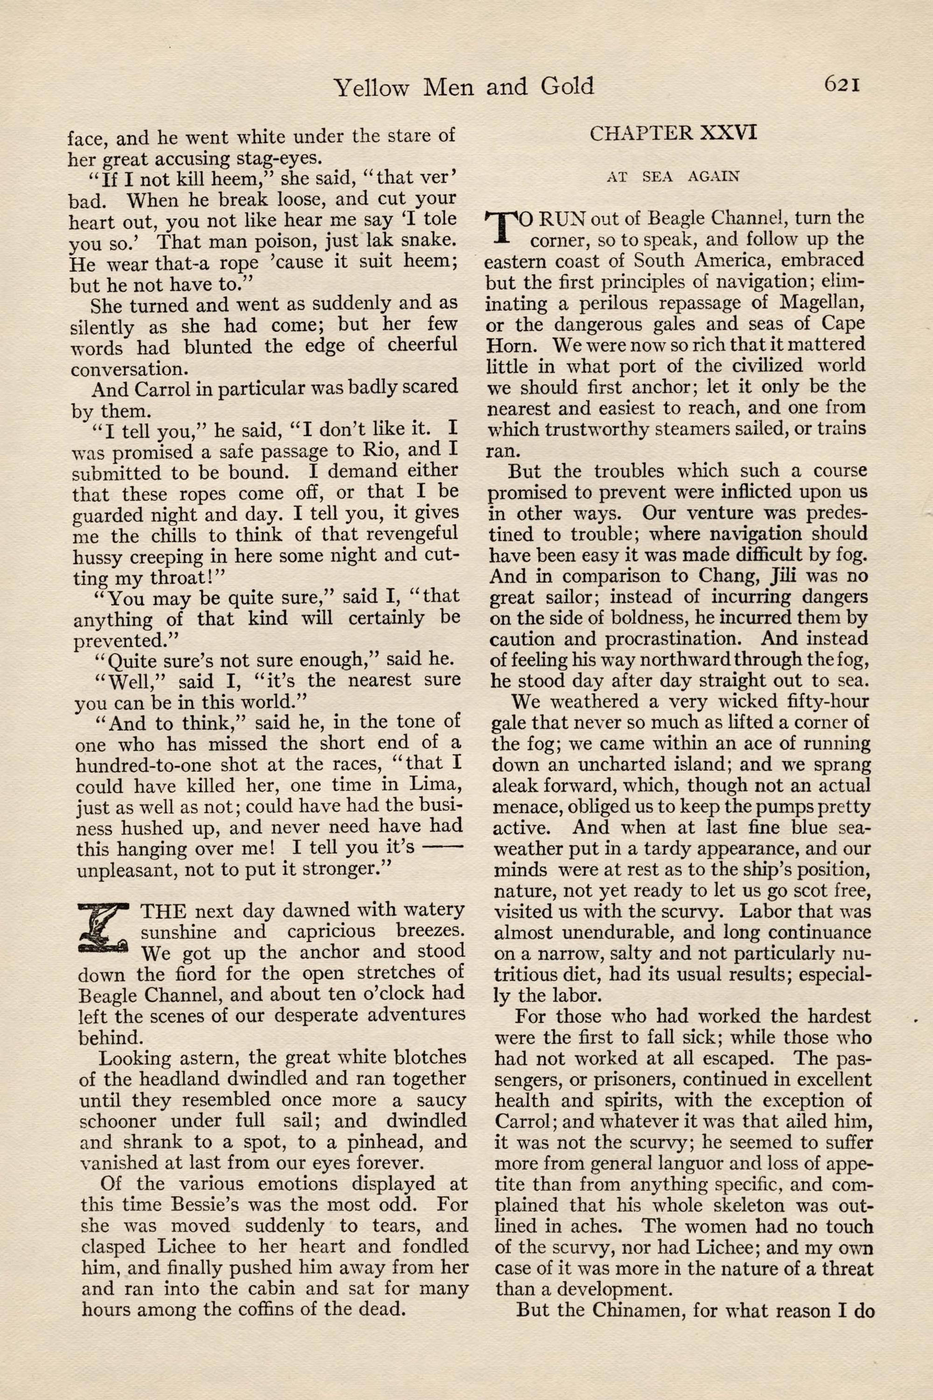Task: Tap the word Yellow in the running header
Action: click(371, 88)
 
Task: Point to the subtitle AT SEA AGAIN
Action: click(673, 177)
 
